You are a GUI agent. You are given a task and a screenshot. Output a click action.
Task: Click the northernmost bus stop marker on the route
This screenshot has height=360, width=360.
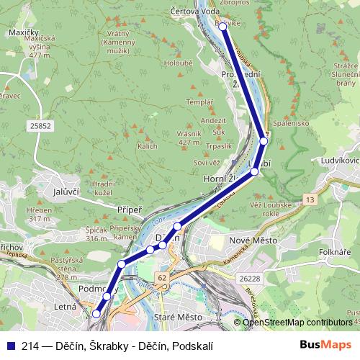coord(223,27)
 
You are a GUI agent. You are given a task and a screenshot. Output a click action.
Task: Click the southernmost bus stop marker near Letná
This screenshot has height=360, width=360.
coord(96,313)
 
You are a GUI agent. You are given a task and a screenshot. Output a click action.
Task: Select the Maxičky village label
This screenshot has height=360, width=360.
coord(24,33)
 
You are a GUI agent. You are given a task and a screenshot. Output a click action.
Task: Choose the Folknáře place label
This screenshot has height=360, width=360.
coord(333,252)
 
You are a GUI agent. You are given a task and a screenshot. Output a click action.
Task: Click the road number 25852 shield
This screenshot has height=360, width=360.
coord(40,126)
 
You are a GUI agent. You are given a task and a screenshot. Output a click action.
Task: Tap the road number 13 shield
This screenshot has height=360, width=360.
coord(310,198)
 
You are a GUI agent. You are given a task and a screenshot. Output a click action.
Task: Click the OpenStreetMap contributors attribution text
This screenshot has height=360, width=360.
coord(297,322)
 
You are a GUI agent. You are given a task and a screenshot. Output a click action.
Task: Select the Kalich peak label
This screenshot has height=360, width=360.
coord(148,146)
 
